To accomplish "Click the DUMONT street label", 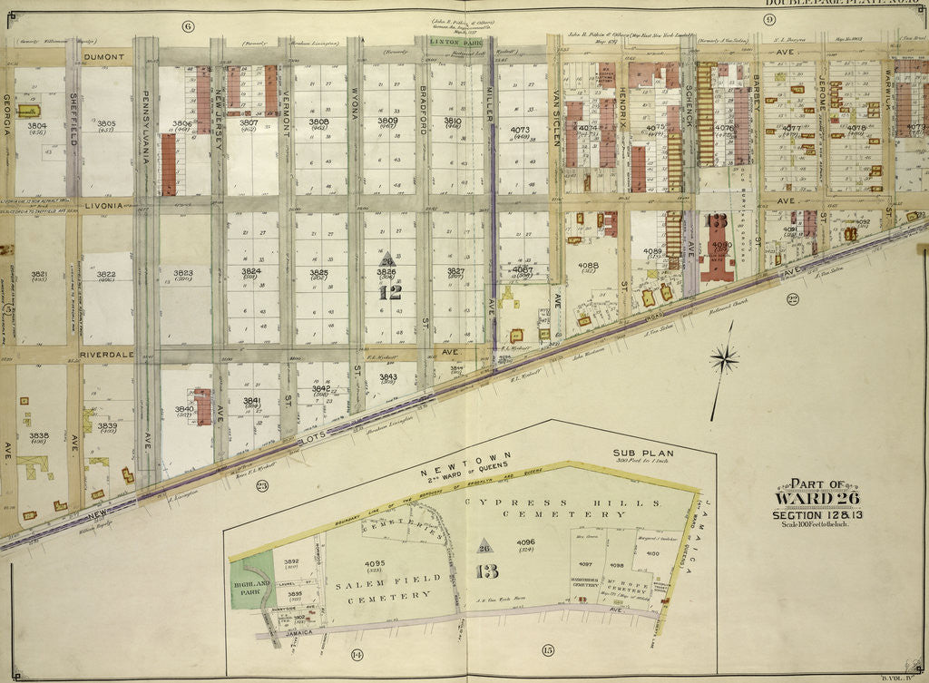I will pyautogui.click(x=102, y=56).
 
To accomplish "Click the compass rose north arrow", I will pyautogui.click(x=723, y=359).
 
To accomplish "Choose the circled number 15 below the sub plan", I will pyautogui.click(x=547, y=649).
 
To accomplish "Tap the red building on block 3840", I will pyautogui.click(x=202, y=407).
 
